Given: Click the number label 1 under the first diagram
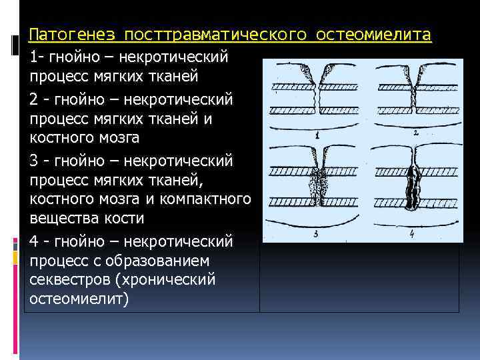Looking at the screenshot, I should [317, 135].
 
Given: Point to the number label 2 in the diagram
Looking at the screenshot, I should [415, 133].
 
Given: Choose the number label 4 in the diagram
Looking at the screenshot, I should [413, 233].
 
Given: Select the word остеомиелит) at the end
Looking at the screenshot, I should [78, 299].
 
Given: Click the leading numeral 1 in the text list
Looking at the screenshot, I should [33, 57].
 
